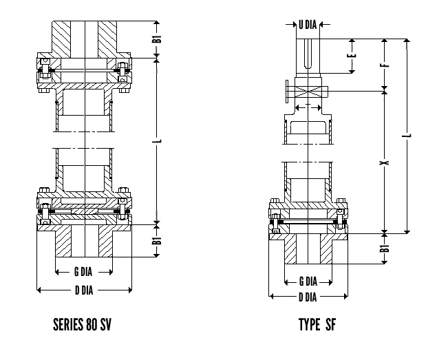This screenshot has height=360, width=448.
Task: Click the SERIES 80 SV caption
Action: coord(83,324)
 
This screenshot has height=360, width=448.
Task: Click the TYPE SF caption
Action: coord(317,324)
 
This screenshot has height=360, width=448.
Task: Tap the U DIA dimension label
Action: coord(308,25)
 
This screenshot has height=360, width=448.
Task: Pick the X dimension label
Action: coord(385,162)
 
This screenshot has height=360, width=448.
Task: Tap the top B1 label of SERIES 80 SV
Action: coord(158,39)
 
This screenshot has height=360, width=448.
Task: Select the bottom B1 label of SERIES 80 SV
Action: coord(158,242)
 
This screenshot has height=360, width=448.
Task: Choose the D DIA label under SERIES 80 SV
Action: coord(83,290)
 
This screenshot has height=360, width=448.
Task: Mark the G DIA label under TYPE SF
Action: coord(308,282)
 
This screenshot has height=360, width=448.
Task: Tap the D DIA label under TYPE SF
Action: coord(308,297)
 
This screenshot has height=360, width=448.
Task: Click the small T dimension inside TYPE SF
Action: coord(308,107)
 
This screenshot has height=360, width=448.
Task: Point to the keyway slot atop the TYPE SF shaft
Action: coord(308,52)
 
